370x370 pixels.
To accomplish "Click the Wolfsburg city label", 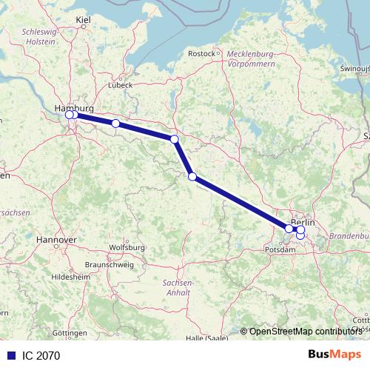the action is click(126, 247).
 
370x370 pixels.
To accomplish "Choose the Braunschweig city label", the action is click(108, 264).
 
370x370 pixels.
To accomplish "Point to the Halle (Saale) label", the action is click(207, 338).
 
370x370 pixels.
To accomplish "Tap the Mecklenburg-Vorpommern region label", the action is click(252, 59).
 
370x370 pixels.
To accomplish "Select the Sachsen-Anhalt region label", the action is click(178, 289).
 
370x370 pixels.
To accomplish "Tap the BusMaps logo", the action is click(334, 355).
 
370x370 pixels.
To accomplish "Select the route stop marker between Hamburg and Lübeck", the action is click(115, 124).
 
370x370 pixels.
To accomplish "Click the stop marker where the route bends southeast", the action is click(175, 139).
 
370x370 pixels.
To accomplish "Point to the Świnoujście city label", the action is click(353, 67).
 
